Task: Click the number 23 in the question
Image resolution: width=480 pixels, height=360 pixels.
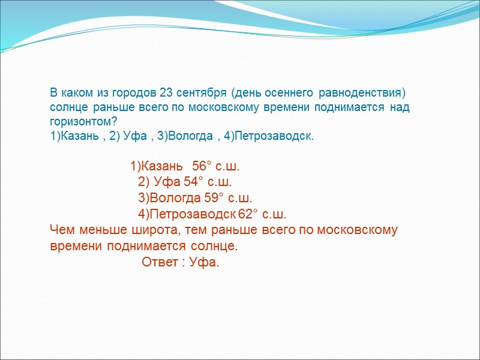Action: pyautogui.click(x=167, y=94)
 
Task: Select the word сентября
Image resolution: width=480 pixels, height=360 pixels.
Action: pyautogui.click(x=200, y=94)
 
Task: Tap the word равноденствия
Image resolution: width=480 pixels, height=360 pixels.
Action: pyautogui.click(x=361, y=94)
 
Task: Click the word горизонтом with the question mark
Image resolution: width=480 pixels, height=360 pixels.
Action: pyautogui.click(x=83, y=122)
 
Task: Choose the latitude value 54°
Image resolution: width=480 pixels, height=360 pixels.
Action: pyautogui.click(x=195, y=182)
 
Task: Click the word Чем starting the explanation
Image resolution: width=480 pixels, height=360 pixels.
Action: pyautogui.click(x=61, y=230)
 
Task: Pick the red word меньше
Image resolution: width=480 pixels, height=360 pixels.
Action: pyautogui.click(x=98, y=230)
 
